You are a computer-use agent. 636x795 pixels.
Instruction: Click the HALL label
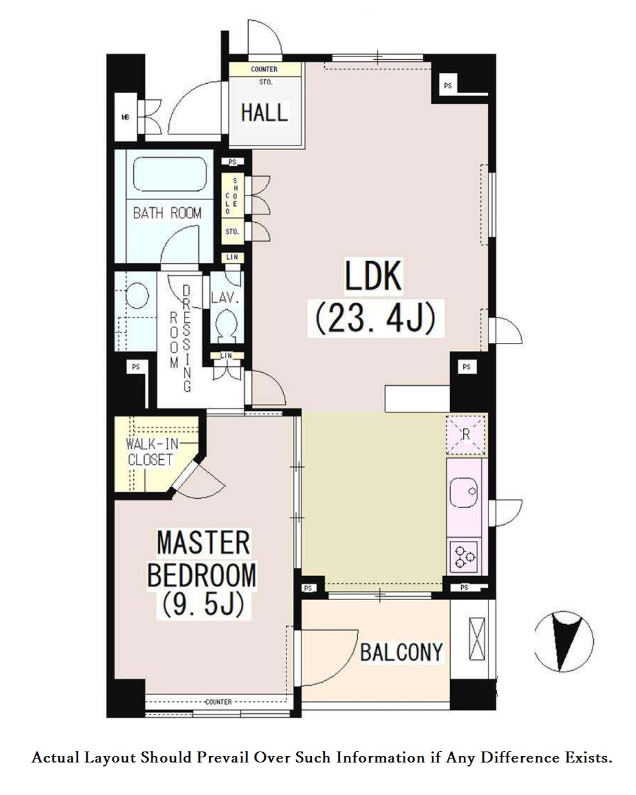pyautogui.click(x=264, y=112)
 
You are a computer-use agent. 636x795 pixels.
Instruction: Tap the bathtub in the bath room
pyautogui.click(x=170, y=175)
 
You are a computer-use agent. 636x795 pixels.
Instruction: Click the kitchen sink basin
pyautogui.click(x=463, y=493)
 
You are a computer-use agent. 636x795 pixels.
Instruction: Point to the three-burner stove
pyautogui.click(x=464, y=556)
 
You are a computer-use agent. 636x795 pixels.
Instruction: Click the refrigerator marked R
pyautogui.click(x=466, y=435)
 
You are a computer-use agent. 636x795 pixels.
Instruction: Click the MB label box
pyautogui.click(x=125, y=117)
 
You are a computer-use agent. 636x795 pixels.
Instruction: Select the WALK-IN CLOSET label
pyautogui.click(x=152, y=452)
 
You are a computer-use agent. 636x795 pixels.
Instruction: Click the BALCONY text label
pyautogui.click(x=401, y=652)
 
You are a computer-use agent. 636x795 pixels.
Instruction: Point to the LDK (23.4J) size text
pyautogui.click(x=374, y=297)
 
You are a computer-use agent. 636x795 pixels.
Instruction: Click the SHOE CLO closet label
pyautogui.click(x=231, y=196)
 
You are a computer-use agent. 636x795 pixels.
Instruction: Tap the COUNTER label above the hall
pyautogui.click(x=264, y=69)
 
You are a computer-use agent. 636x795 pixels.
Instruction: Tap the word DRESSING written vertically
pyautogui.click(x=187, y=338)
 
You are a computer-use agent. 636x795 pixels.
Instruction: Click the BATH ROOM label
pyautogui.click(x=167, y=213)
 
